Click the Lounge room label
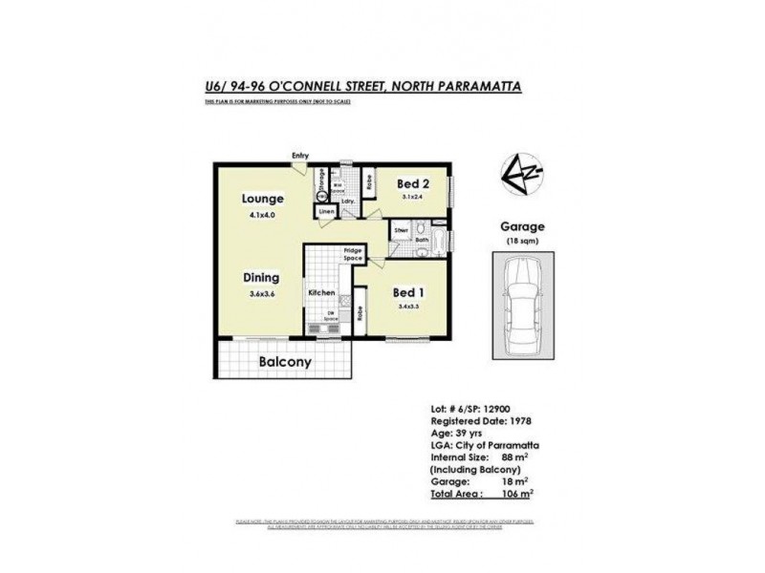tap(262, 200)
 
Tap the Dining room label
tap(260, 277)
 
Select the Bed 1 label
tap(406, 293)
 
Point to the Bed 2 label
tap(411, 182)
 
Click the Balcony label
tap(285, 363)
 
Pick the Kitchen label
tap(320, 291)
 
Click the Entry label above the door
tap(301, 156)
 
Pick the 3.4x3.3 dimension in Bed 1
tap(406, 308)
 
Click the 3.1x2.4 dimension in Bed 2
tap(411, 197)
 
